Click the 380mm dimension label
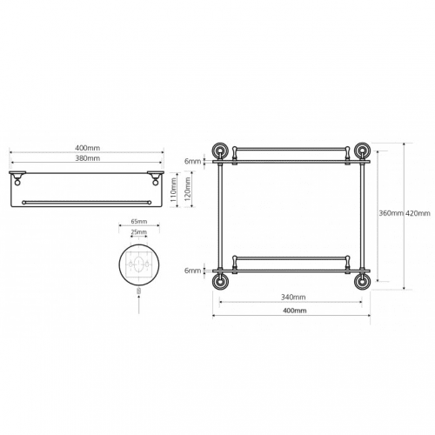(x=88, y=158)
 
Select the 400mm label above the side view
(x=88, y=148)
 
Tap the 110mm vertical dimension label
(x=173, y=190)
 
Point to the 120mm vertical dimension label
(x=187, y=190)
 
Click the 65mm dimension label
(x=139, y=222)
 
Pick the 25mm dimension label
(x=139, y=232)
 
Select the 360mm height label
(x=391, y=213)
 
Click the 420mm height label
(x=418, y=213)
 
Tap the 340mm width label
(x=293, y=297)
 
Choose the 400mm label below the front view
(x=295, y=311)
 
